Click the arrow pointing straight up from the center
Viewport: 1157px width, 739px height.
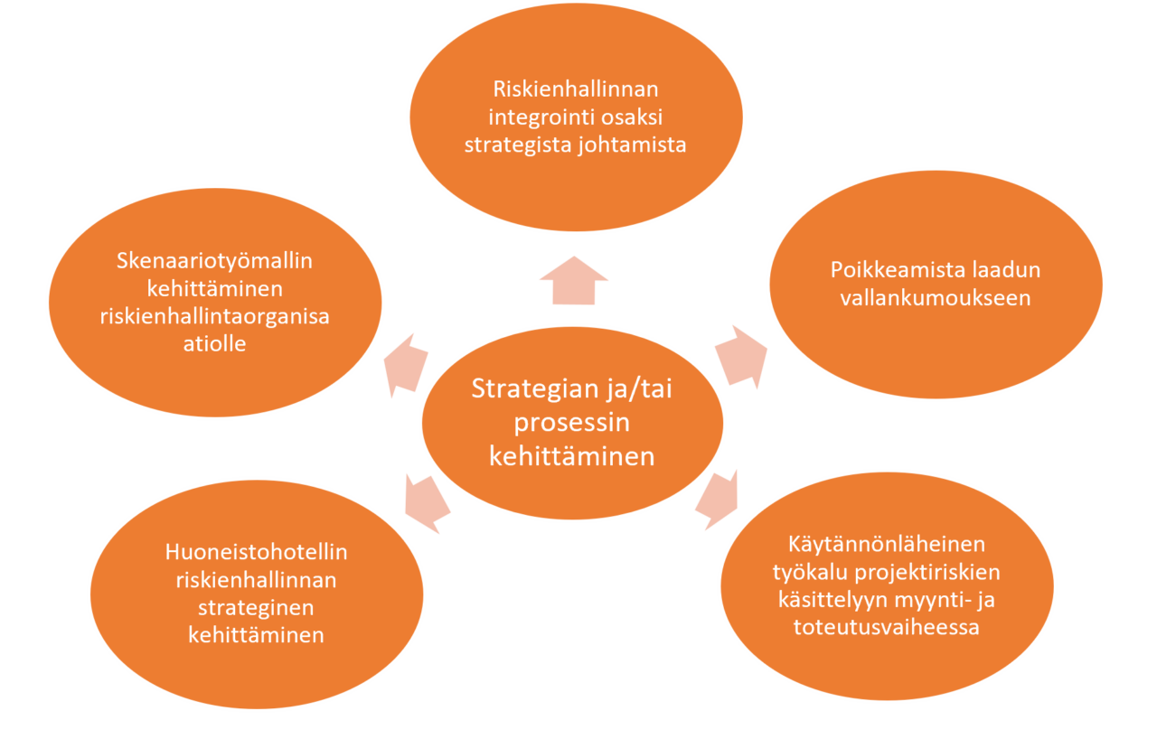click(x=574, y=281)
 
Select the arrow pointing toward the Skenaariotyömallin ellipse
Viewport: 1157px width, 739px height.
click(x=406, y=365)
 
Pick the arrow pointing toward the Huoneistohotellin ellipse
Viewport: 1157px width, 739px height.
click(x=427, y=504)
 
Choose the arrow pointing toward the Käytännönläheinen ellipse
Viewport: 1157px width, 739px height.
click(x=717, y=500)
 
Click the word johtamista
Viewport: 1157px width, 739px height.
click(x=632, y=145)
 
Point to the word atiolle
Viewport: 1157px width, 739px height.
click(x=214, y=343)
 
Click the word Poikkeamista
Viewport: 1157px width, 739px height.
click(x=898, y=270)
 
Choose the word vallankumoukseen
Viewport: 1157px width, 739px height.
click(x=936, y=298)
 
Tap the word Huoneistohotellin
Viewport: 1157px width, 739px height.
click(x=256, y=553)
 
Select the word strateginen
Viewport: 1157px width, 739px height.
click(x=256, y=608)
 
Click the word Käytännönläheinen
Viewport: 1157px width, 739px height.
click(x=887, y=545)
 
